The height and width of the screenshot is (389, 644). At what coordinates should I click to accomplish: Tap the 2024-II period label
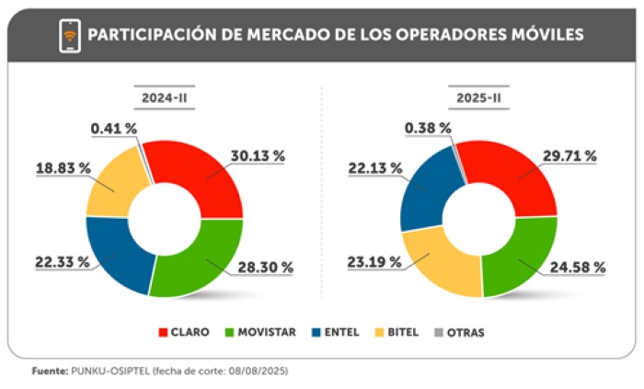click(x=164, y=97)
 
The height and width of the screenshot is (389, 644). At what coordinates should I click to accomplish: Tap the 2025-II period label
click(x=478, y=97)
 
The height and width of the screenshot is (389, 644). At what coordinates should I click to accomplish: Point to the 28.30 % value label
click(x=266, y=268)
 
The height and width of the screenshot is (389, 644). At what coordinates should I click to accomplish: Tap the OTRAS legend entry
click(x=460, y=332)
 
